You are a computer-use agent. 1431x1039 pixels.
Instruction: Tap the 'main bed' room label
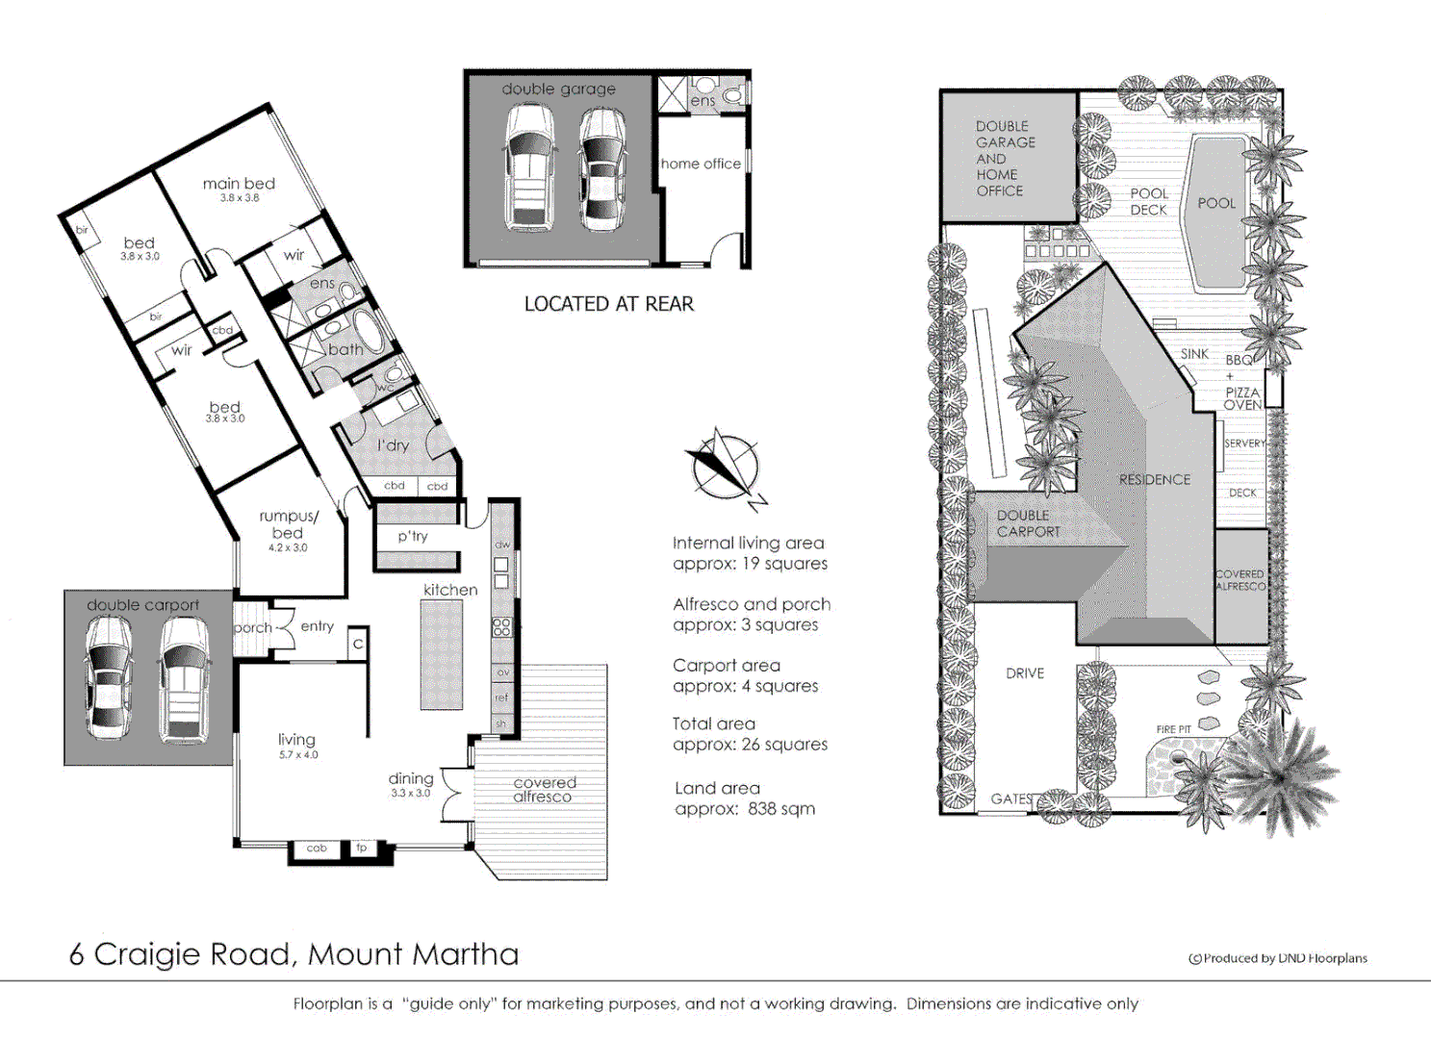click(x=239, y=184)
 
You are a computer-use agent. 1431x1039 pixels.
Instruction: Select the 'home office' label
click(x=701, y=164)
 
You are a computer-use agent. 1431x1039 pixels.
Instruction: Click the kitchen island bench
click(x=442, y=655)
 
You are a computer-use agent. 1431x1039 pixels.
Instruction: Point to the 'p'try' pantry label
click(x=413, y=536)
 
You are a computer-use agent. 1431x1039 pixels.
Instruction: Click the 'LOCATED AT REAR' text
click(x=608, y=304)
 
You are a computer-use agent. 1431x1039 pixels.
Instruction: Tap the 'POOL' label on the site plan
click(x=1216, y=203)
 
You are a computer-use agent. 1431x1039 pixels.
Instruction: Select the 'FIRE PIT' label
click(x=1173, y=729)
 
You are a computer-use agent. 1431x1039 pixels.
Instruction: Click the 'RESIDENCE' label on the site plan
click(x=1154, y=479)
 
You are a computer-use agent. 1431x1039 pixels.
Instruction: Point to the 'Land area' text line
click(x=717, y=788)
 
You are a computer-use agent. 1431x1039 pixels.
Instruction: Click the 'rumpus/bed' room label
click(x=288, y=524)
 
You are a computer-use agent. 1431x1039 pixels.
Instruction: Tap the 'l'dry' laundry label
click(x=393, y=445)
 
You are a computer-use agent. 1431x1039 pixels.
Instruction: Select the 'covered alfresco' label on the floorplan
click(x=544, y=790)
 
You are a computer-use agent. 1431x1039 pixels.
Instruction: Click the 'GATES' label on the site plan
click(x=1011, y=798)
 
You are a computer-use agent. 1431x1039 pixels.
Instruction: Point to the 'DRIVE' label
click(x=1025, y=673)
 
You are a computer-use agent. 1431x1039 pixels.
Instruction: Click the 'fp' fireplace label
click(x=362, y=848)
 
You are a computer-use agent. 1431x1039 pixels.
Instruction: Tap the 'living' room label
click(x=296, y=739)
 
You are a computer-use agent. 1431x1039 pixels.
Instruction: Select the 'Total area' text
click(x=714, y=723)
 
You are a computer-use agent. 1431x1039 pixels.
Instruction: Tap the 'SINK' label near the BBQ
click(x=1194, y=354)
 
